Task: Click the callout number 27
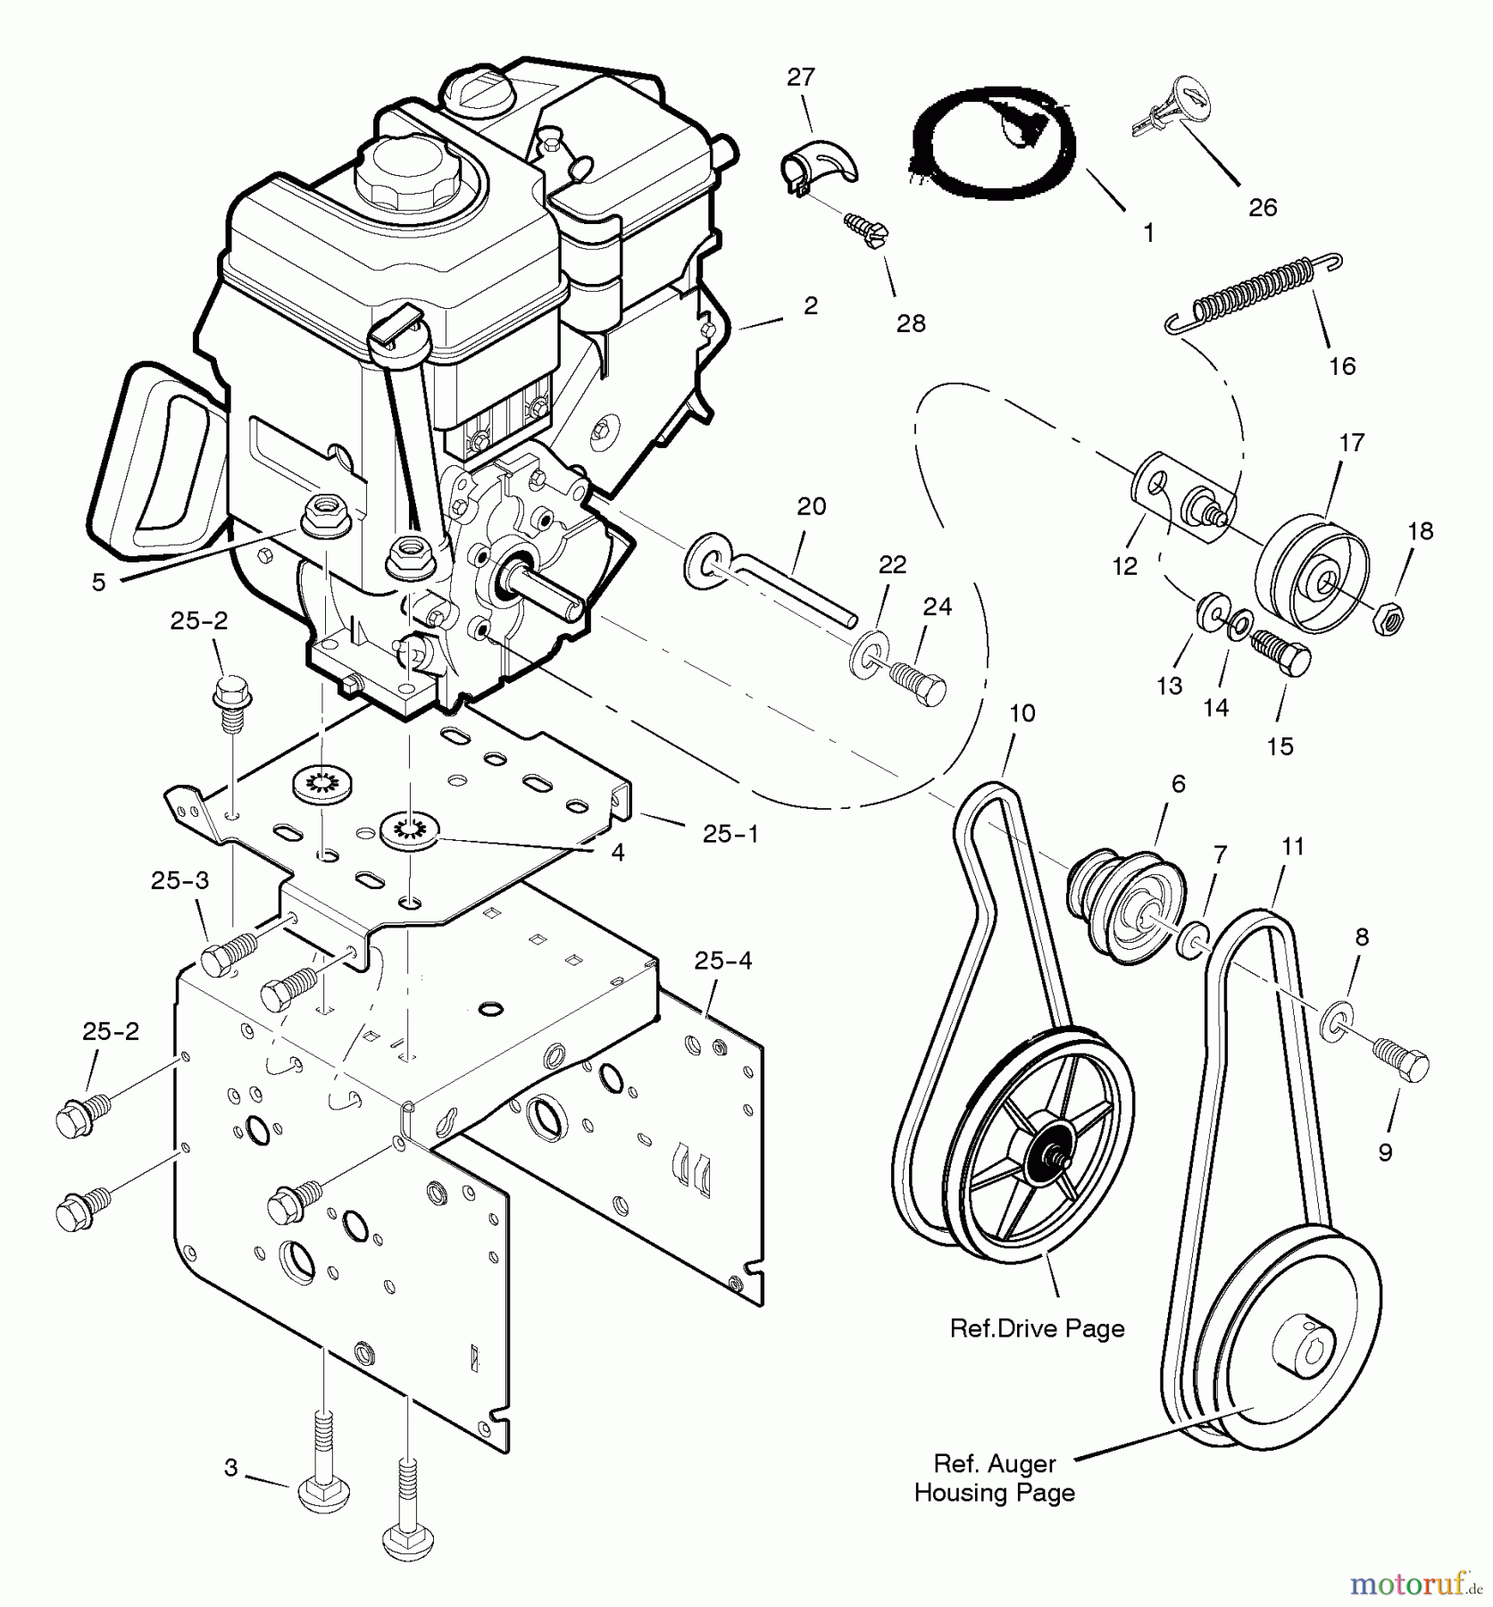801,78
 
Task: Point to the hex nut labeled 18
1389,615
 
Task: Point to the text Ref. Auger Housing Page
994,1478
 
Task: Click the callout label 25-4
724,962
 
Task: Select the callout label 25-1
730,834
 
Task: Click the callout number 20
811,507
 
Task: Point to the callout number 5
98,582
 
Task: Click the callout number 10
1022,713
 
